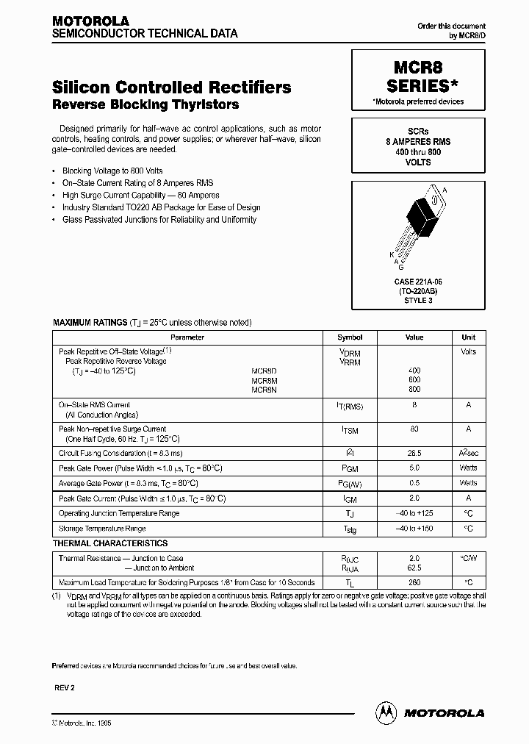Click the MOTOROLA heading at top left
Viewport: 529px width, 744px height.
click(90, 21)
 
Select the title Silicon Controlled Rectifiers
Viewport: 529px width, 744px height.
click(172, 87)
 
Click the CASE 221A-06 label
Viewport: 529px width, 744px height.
click(418, 282)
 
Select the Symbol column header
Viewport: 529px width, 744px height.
click(350, 337)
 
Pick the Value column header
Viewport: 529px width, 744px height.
click(414, 337)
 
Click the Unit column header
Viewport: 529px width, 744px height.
click(468, 337)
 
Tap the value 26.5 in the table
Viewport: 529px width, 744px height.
click(414, 453)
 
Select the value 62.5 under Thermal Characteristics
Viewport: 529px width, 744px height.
click(414, 568)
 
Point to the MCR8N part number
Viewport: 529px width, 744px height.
click(264, 390)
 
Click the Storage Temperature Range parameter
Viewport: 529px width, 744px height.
click(102, 529)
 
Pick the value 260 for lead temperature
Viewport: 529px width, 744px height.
click(414, 582)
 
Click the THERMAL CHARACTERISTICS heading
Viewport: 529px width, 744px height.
click(110, 543)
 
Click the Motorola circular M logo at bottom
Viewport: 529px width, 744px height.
click(385, 712)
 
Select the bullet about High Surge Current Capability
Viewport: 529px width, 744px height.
click(141, 196)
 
